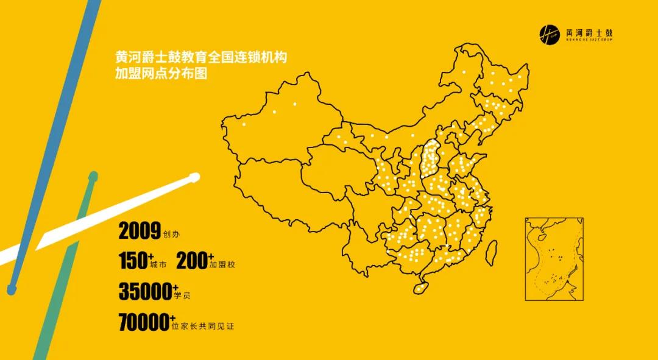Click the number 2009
(x=140, y=231)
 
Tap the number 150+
(x=134, y=261)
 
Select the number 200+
(x=194, y=261)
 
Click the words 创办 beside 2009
(x=172, y=234)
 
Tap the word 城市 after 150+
(x=157, y=265)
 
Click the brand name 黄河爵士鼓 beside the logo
(x=588, y=33)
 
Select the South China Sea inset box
(x=555, y=259)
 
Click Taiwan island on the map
(x=492, y=248)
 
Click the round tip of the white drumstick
(x=194, y=177)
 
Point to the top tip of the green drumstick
(x=93, y=177)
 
